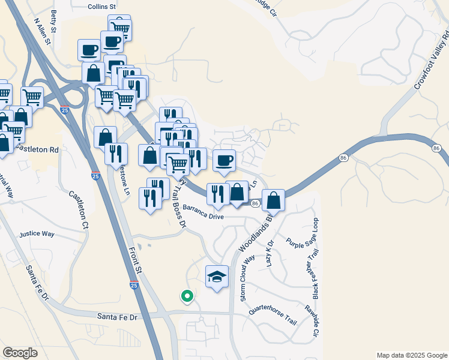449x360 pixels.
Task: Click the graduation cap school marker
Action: [x=217, y=277]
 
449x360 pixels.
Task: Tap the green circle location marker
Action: [x=187, y=295]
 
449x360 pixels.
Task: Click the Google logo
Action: [x=20, y=353]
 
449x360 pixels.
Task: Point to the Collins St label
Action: [x=101, y=7]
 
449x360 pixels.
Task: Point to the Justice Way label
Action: [x=37, y=234]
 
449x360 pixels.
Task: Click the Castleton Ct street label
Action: [x=78, y=210]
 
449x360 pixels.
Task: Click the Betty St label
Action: [x=55, y=21]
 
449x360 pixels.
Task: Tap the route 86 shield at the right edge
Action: [x=437, y=147]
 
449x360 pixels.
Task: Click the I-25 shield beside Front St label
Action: [x=133, y=286]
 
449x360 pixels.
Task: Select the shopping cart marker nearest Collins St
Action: [x=120, y=27]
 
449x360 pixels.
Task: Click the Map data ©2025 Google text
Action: [x=411, y=355]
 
